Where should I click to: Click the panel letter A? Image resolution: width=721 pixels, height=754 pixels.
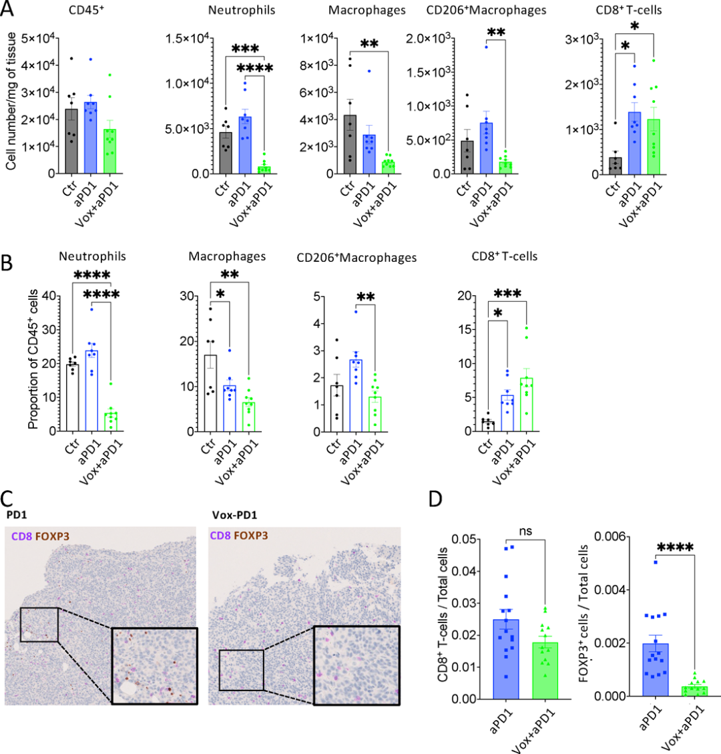coord(7,9)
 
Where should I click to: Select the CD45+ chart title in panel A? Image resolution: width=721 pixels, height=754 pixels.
coord(87,9)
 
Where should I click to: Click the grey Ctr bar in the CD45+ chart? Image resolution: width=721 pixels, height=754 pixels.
coord(71,141)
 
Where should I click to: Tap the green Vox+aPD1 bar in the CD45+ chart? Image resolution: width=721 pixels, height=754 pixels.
coord(110,151)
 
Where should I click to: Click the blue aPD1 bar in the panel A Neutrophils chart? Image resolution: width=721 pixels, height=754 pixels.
coord(245,145)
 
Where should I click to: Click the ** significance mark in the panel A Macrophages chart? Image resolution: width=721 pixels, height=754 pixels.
coord(369,45)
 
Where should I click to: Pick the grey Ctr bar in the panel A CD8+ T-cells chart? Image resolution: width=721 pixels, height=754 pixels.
coord(615,166)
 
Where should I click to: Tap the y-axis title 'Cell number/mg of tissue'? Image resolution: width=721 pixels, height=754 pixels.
coord(11,101)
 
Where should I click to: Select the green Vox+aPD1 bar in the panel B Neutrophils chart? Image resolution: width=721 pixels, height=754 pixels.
coord(111,421)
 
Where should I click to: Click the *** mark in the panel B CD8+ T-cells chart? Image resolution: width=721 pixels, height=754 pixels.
coord(507,294)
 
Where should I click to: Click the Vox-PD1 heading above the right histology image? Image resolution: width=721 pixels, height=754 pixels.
coord(234,515)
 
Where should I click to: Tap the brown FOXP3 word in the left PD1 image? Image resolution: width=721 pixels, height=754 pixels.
coord(52,536)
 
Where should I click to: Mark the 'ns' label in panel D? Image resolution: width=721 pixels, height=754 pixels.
coord(526,531)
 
